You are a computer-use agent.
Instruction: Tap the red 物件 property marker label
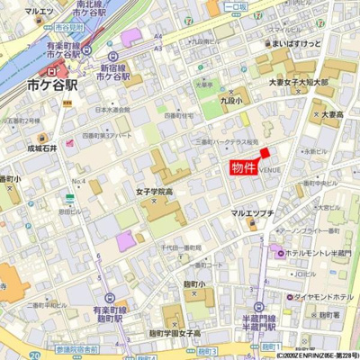coord(243,167)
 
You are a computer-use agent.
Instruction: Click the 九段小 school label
coord(231,103)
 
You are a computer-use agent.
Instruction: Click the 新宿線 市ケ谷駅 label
coord(116,73)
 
